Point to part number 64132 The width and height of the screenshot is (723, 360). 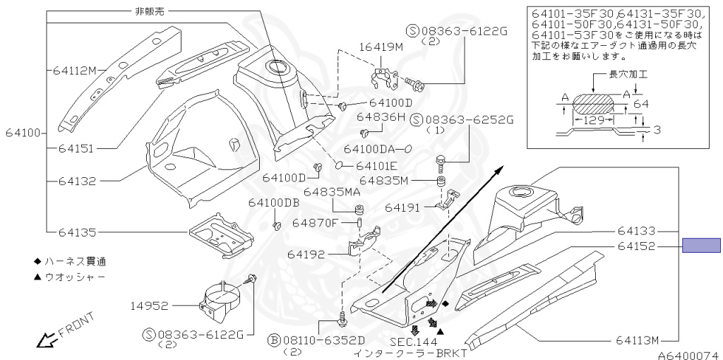tap(77, 181)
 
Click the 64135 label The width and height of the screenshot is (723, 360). tap(77, 232)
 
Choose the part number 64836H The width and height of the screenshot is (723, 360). tap(381, 116)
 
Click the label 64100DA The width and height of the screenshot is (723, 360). tap(369, 149)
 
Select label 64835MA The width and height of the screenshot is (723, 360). tap(333, 191)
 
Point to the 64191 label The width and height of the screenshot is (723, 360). tap(403, 208)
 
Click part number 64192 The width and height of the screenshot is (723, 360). tap(306, 253)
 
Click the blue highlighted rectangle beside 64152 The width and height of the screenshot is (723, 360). tap(700, 246)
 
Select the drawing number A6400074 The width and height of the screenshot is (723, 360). tap(690, 356)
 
